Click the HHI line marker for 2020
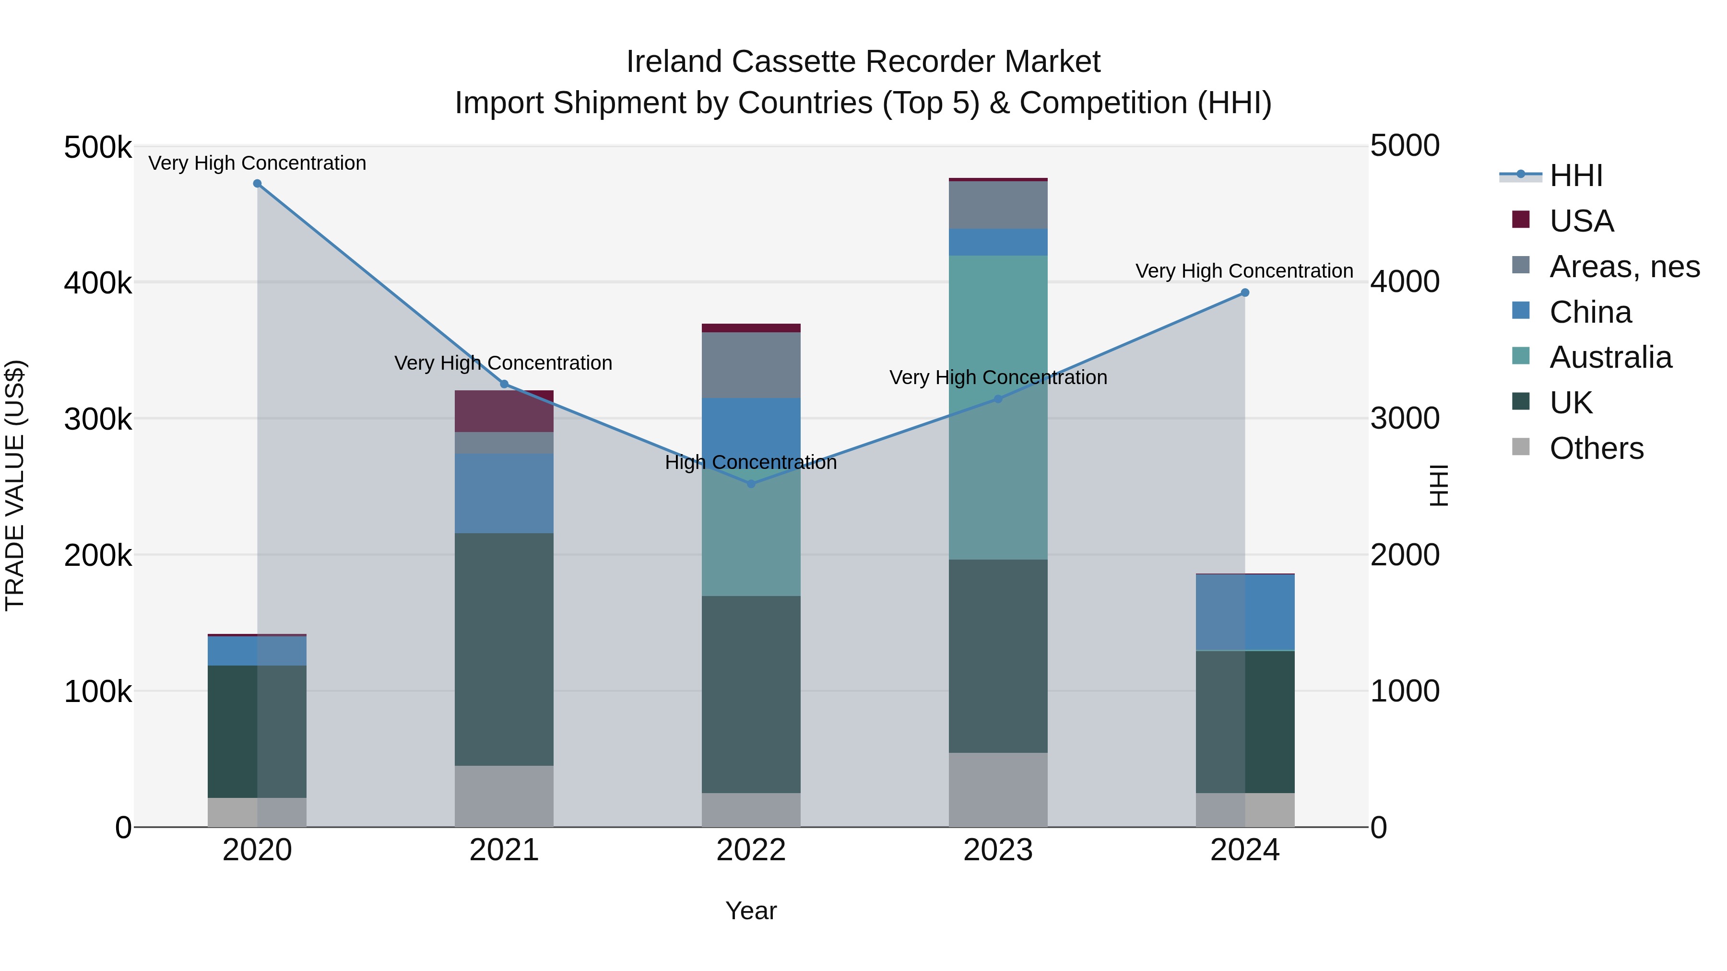coord(258,184)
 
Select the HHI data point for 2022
coord(751,484)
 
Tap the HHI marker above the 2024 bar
coord(1245,293)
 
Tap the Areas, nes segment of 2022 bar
coord(751,365)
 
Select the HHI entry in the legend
coord(1575,175)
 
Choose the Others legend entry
coord(1596,448)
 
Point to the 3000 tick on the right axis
coord(1405,419)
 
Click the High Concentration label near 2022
coord(751,462)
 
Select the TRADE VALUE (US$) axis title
coord(15,485)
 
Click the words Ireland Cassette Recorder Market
coord(863,62)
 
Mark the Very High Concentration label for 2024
coord(1244,271)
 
